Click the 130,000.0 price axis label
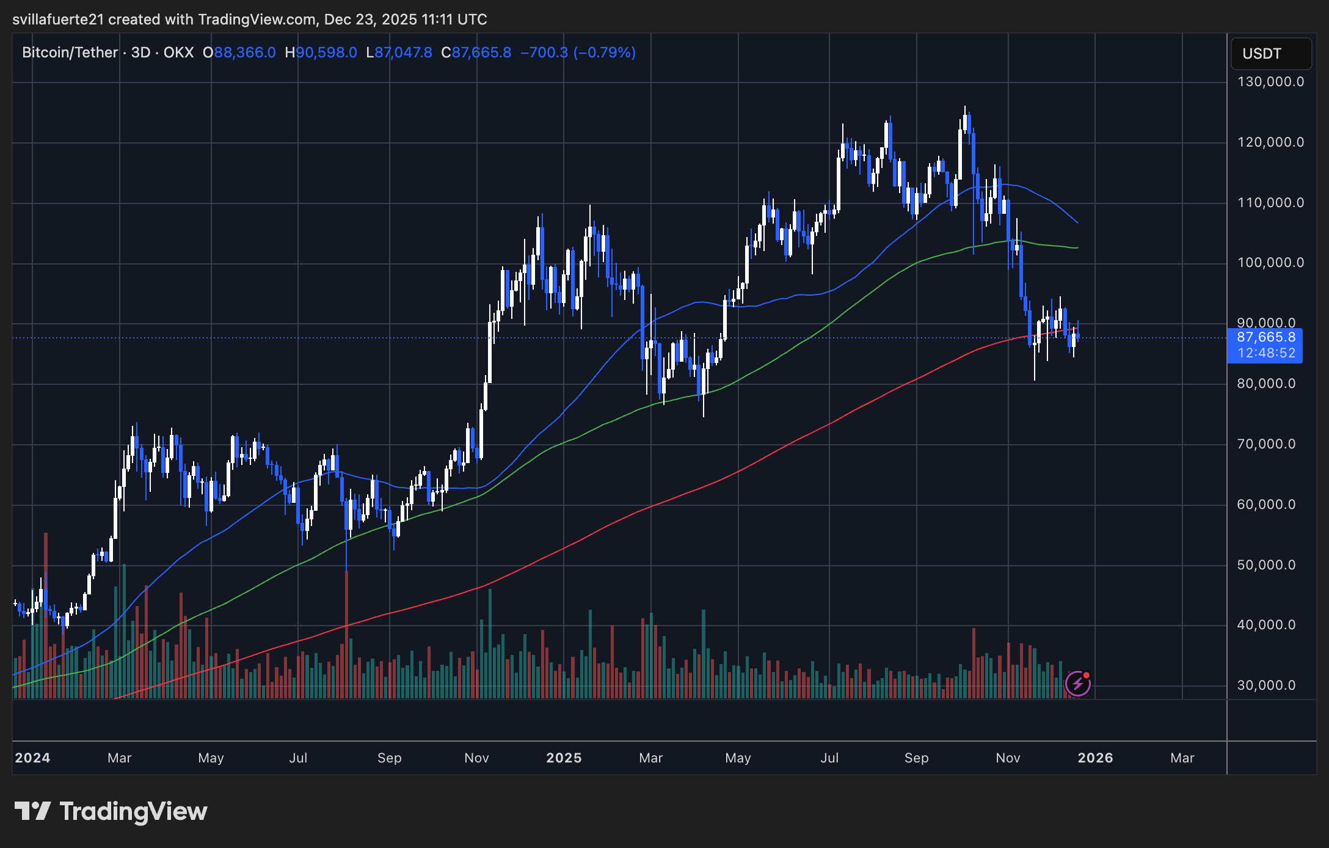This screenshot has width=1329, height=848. pyautogui.click(x=1270, y=82)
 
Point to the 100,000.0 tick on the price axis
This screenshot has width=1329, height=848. pyautogui.click(x=1270, y=263)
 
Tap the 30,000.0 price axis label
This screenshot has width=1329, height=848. pyautogui.click(x=1266, y=685)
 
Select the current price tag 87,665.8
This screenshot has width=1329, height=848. pyautogui.click(x=1266, y=337)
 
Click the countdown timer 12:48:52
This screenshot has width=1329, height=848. pyautogui.click(x=1266, y=353)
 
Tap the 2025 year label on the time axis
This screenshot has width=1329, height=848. pyautogui.click(x=563, y=758)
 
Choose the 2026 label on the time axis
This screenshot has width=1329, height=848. pyautogui.click(x=1095, y=758)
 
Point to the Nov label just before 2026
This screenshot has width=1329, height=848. pyautogui.click(x=1008, y=758)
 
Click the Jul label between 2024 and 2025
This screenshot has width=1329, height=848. pyautogui.click(x=298, y=758)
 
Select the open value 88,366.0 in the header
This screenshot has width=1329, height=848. pyautogui.click(x=244, y=53)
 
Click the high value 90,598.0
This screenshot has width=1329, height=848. pyautogui.click(x=326, y=53)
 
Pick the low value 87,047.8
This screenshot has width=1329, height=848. pyautogui.click(x=403, y=53)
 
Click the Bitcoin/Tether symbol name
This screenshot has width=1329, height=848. pyautogui.click(x=70, y=53)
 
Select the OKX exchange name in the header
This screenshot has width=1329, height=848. pyautogui.click(x=178, y=53)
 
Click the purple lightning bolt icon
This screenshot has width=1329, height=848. pyautogui.click(x=1077, y=684)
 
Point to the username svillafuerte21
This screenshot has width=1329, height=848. pyautogui.click(x=58, y=20)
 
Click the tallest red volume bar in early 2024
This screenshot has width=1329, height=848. pyautogui.click(x=46, y=611)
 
